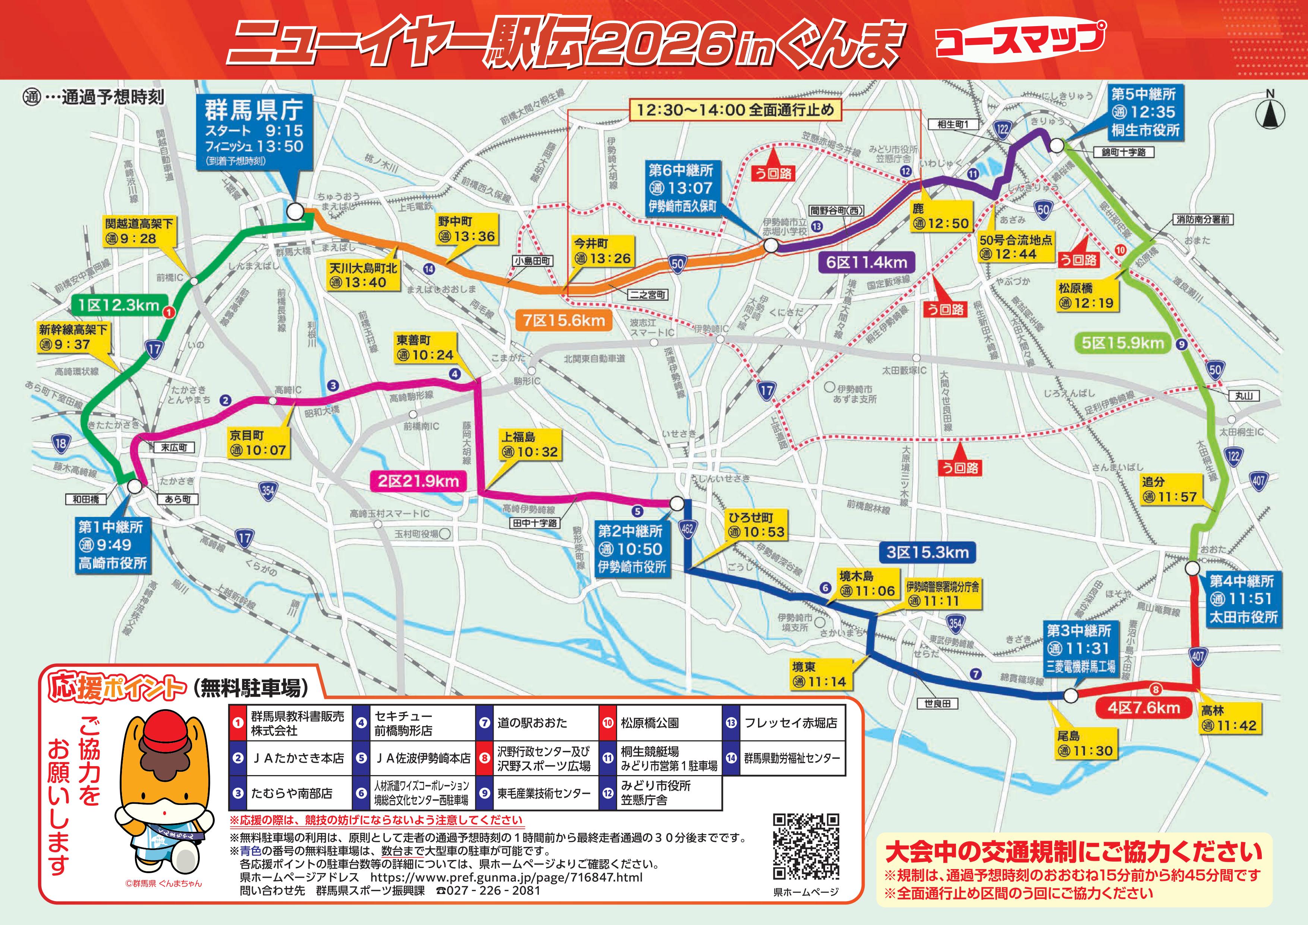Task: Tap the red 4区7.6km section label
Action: pyautogui.click(x=1143, y=708)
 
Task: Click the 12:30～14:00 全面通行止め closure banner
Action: pyautogui.click(x=735, y=110)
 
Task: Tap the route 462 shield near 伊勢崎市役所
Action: pyautogui.click(x=688, y=528)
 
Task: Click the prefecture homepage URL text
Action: pyautogui.click(x=506, y=877)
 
